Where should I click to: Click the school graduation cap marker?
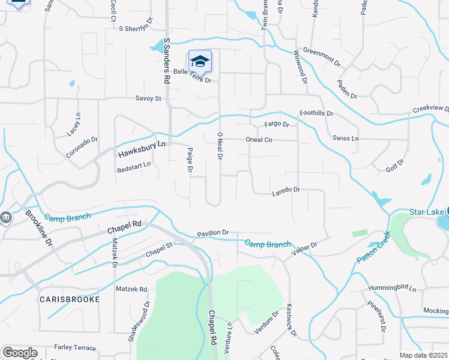pyautogui.click(x=200, y=61)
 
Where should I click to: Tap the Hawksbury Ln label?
pyautogui.click(x=141, y=149)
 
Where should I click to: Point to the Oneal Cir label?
pyautogui.click(x=259, y=140)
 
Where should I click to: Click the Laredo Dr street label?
pyautogui.click(x=286, y=190)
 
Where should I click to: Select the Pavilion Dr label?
pyautogui.click(x=213, y=233)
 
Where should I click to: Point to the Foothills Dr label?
pyautogui.click(x=316, y=113)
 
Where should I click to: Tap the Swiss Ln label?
pyautogui.click(x=346, y=139)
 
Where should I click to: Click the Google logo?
pyautogui.click(x=20, y=353)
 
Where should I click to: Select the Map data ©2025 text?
pyautogui.click(x=423, y=355)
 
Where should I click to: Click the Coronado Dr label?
pyautogui.click(x=82, y=148)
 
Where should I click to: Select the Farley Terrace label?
pyautogui.click(x=75, y=347)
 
